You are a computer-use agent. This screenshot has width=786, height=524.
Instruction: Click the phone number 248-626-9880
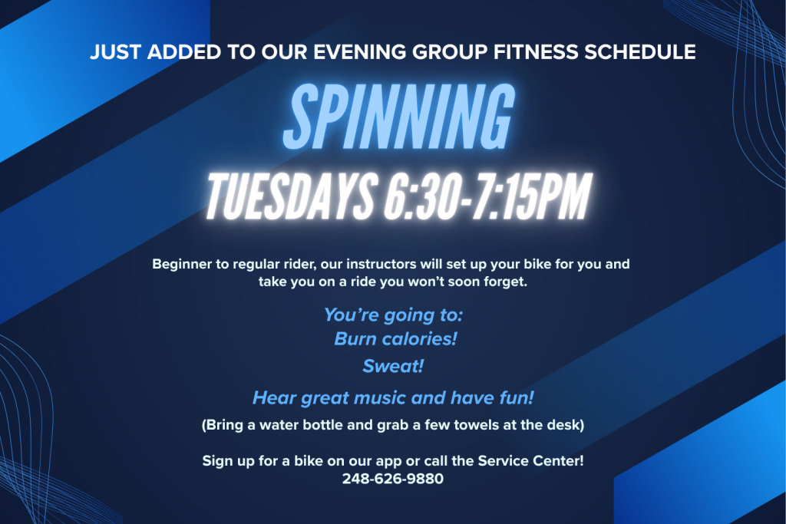393,479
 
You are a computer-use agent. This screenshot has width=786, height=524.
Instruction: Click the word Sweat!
393,366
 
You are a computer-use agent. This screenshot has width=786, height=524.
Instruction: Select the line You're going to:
393,315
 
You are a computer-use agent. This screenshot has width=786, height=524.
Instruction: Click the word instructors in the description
358,265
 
